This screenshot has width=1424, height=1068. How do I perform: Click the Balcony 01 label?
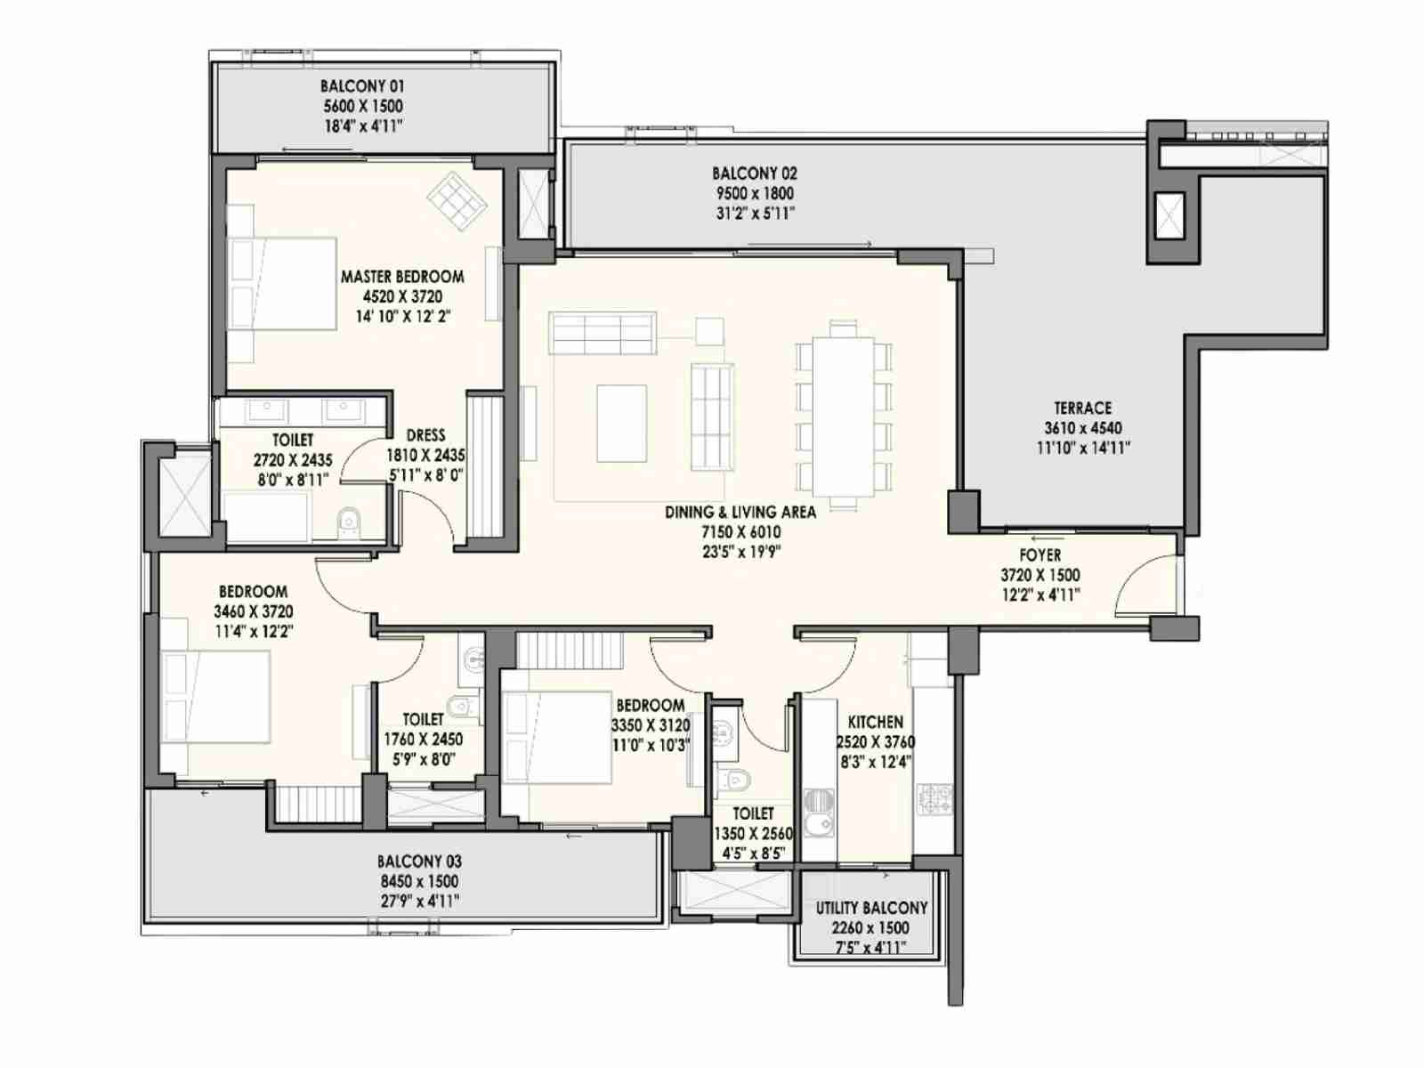coord(362,85)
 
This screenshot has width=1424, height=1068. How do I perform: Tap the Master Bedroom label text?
coord(402,277)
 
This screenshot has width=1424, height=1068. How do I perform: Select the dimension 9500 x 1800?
coord(755,193)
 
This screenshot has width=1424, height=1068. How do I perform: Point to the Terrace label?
coord(1082,408)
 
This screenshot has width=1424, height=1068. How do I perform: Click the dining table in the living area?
coord(844,415)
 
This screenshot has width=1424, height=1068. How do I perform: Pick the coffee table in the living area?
coord(621,424)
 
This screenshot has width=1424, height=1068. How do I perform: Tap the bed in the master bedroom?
coord(281,284)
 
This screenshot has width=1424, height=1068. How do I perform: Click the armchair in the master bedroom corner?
coord(457,200)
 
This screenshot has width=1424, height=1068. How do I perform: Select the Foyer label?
coord(1040,555)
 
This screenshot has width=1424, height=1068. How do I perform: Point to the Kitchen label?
coord(875,722)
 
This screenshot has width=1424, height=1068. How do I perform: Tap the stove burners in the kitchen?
coord(934,799)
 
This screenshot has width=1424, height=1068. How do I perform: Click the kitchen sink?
coord(821,821)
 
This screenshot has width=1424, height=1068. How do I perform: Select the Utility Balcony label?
coord(871,908)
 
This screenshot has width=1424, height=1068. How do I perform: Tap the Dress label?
coord(425,435)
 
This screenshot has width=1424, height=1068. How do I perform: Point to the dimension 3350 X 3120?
coord(651,725)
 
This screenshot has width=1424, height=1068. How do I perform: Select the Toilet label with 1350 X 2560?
coord(753,813)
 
